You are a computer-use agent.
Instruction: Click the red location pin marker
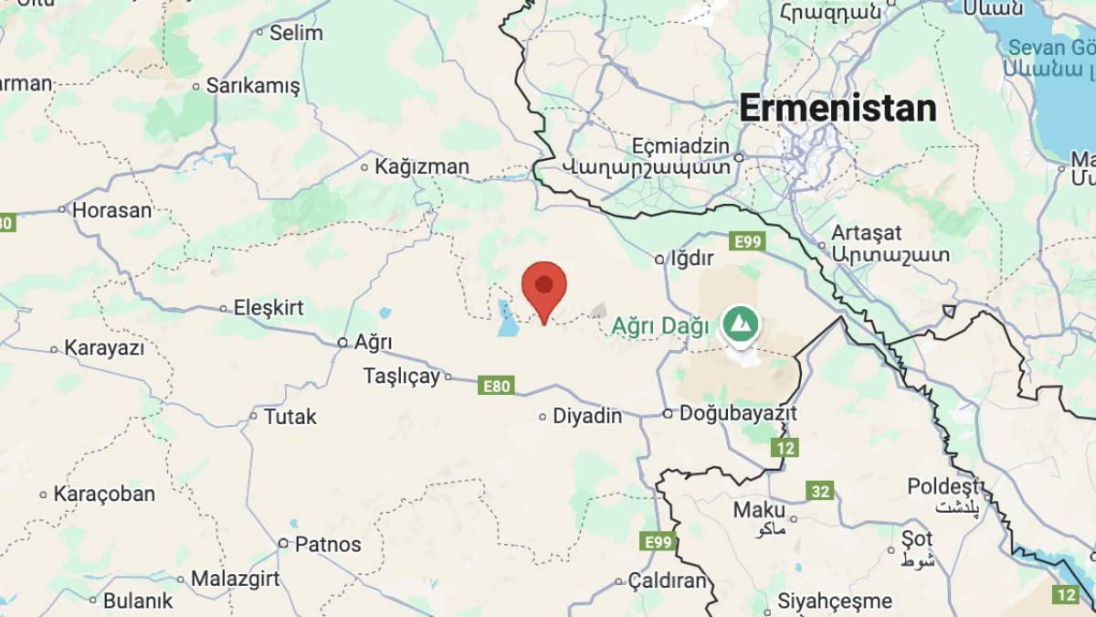544,285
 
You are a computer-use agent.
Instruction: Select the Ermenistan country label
838,109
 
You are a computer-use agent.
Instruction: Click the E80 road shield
496,386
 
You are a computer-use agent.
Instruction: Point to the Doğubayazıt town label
736,413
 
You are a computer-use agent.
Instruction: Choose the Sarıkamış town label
253,86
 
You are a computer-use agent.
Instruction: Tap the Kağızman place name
421,166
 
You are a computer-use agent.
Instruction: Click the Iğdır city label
690,259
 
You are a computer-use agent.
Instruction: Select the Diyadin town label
588,416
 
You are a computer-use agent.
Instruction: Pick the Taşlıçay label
402,376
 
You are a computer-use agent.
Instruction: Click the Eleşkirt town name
269,308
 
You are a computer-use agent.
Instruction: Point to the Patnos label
327,544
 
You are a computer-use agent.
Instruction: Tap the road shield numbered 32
820,491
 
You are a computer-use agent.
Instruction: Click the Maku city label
759,509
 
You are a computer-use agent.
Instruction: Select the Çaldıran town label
668,580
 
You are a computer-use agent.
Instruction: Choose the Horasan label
111,209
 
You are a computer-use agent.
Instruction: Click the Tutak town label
290,417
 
